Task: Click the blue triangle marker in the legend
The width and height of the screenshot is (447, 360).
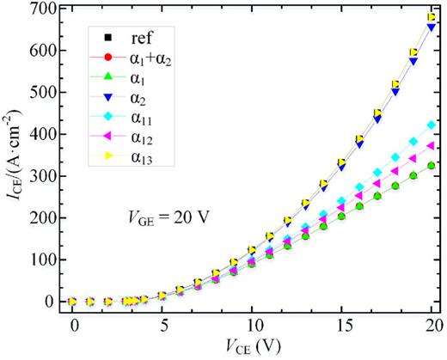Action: click(105, 99)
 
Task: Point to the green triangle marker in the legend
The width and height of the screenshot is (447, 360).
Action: click(105, 79)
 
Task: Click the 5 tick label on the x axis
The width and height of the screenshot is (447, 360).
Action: click(163, 327)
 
